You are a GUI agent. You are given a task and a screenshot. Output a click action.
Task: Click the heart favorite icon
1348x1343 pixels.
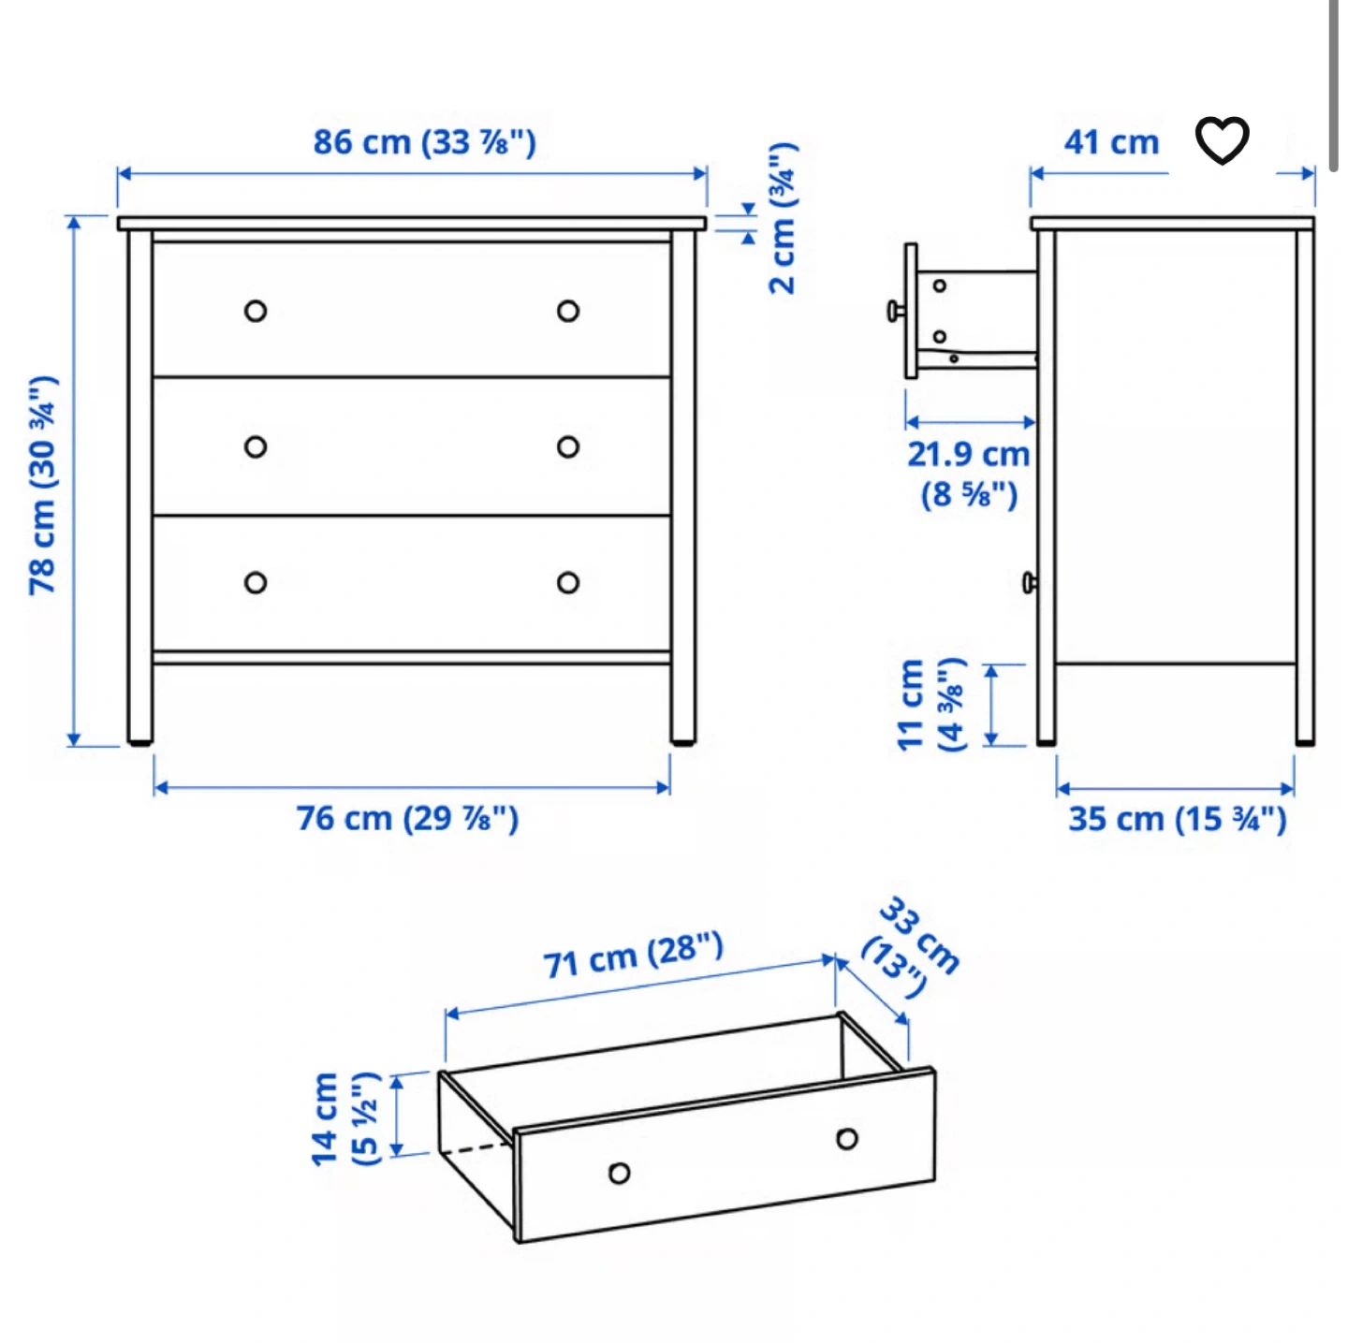(1222, 139)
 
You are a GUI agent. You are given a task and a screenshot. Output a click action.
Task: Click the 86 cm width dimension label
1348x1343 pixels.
(425, 142)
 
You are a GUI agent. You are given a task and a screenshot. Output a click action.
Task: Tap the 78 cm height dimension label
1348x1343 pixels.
(43, 486)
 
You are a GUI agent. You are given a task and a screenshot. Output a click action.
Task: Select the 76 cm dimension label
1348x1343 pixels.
(407, 818)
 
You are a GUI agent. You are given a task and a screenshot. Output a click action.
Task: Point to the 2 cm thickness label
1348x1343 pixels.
(783, 218)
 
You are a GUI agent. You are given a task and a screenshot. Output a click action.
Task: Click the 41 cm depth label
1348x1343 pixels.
(1111, 142)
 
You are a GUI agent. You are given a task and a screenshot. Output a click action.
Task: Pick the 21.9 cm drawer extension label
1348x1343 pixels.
(968, 474)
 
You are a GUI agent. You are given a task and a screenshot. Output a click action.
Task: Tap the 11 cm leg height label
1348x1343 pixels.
(931, 705)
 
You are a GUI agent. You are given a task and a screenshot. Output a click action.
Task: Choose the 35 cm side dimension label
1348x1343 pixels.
(1178, 819)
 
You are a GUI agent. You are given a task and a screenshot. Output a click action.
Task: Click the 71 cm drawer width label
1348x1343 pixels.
(633, 955)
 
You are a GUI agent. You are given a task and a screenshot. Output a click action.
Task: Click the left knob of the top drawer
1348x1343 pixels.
(256, 311)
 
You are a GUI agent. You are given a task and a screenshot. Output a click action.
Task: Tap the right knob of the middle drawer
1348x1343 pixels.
(568, 447)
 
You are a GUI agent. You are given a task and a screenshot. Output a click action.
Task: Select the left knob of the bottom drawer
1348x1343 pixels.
(256, 583)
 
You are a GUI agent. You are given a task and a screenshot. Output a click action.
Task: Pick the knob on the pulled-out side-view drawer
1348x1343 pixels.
(896, 311)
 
